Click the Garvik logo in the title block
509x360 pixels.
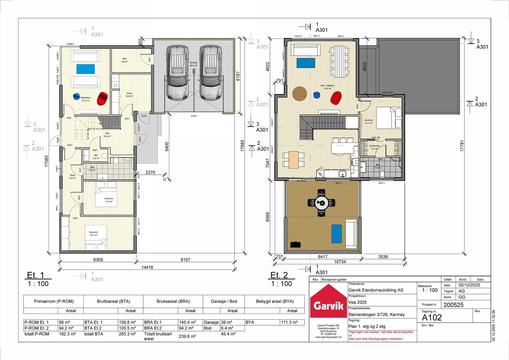[x=328, y=302]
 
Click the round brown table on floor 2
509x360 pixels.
[x=299, y=94]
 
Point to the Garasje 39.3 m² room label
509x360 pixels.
[x=193, y=64]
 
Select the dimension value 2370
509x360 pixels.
[x=150, y=173]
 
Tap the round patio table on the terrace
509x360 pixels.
[x=321, y=202]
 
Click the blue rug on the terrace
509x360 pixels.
[x=336, y=234]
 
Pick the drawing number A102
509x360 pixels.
[x=432, y=317]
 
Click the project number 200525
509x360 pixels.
[x=453, y=305]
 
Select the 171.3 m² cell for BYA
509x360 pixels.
[x=289, y=322]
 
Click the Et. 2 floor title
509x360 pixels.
[x=279, y=275]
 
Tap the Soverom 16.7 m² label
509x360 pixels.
[x=94, y=234]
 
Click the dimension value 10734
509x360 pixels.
[x=340, y=262]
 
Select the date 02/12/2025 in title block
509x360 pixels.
[x=469, y=285]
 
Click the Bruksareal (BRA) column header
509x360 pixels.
[x=173, y=301]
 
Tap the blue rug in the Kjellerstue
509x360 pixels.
[x=86, y=69]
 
